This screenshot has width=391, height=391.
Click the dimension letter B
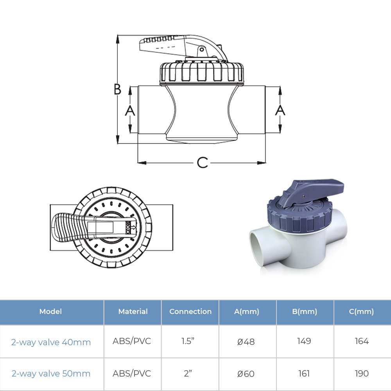click(117, 89)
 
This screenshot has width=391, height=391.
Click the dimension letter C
click(202, 163)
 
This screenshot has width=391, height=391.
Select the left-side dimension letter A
click(130, 111)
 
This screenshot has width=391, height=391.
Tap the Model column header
click(50, 312)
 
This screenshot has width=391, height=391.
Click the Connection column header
click(190, 312)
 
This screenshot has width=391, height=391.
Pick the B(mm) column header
click(305, 312)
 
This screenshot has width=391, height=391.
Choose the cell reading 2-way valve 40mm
click(51, 342)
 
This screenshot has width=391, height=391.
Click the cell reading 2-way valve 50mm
click(51, 373)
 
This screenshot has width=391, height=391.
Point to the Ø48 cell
click(246, 341)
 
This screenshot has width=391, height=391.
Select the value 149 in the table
click(304, 341)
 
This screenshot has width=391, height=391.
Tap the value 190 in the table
click(362, 373)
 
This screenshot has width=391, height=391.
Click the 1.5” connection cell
click(188, 341)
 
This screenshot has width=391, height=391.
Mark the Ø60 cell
click(246, 373)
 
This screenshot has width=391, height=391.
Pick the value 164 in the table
click(362, 341)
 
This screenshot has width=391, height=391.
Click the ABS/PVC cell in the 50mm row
click(132, 373)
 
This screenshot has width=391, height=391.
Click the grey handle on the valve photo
click(312, 192)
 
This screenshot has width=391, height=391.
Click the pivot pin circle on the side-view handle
click(202, 50)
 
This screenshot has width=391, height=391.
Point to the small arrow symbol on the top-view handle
click(133, 228)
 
